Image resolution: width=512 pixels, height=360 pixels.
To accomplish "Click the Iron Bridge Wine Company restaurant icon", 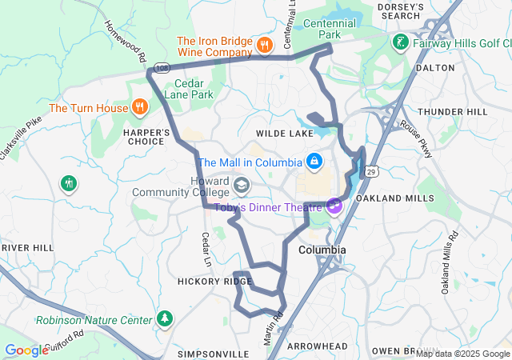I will coord(263,45).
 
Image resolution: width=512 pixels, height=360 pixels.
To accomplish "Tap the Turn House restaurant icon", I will coord(139,106).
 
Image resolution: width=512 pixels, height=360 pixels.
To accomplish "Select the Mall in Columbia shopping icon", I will coord(314,162).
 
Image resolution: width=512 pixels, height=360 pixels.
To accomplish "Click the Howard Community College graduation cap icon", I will coord(241,186).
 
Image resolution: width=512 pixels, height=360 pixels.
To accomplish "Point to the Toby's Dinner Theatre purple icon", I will coord(333,206).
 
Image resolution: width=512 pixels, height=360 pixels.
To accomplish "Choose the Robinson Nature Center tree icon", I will coord(165,319).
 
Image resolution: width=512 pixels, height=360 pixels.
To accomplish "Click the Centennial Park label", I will coord(330,30).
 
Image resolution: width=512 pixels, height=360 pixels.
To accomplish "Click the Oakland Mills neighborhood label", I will coord(387,197).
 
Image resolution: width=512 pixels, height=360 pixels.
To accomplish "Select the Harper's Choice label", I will coord(146,137).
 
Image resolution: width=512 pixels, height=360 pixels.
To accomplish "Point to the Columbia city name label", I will coord(322,250).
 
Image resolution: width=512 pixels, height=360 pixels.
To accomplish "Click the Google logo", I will coord(27,350).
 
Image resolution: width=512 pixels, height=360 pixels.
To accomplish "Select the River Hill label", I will coord(26,248).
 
